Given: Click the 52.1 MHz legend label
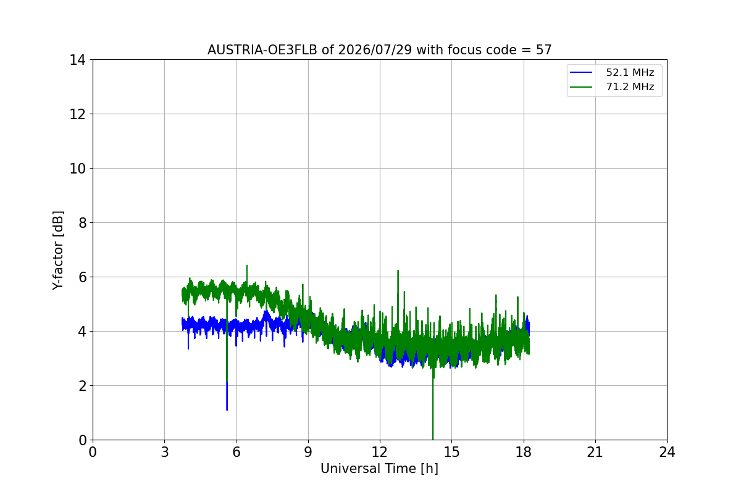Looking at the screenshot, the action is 630,72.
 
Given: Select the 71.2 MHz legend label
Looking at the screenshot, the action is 630,86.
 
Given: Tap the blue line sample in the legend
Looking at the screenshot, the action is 581,72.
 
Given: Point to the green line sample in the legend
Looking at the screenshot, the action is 581,87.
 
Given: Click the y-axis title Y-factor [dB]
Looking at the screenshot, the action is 58,251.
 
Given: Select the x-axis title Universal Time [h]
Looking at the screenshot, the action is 379,469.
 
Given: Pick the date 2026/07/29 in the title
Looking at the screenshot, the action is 375,50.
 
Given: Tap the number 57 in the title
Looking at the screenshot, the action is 544,50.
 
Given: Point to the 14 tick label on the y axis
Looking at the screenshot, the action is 77,61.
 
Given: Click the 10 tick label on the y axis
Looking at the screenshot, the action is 77,169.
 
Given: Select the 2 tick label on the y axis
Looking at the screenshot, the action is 82,386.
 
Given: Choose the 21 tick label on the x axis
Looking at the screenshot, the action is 595,452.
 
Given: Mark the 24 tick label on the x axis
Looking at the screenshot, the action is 667,452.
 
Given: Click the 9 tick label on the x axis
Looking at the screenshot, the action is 308,452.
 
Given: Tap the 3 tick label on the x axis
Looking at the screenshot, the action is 165,452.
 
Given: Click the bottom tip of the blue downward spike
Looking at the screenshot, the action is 227,410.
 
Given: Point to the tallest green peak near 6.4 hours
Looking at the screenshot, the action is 247,266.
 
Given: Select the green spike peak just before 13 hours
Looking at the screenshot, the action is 398,270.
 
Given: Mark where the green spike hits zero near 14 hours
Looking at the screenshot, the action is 433,440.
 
